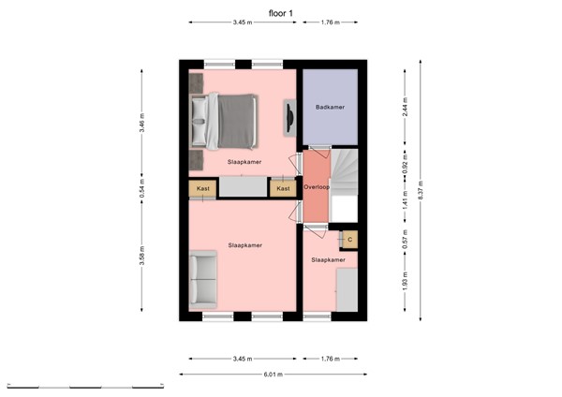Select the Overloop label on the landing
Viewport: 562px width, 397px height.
tap(316, 187)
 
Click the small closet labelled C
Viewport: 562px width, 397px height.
tap(348, 239)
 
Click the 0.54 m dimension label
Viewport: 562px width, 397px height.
tap(141, 188)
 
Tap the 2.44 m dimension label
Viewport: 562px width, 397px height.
tap(405, 106)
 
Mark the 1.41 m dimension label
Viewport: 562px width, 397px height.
tap(405, 200)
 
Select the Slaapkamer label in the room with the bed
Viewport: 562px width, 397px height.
tap(244, 162)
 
